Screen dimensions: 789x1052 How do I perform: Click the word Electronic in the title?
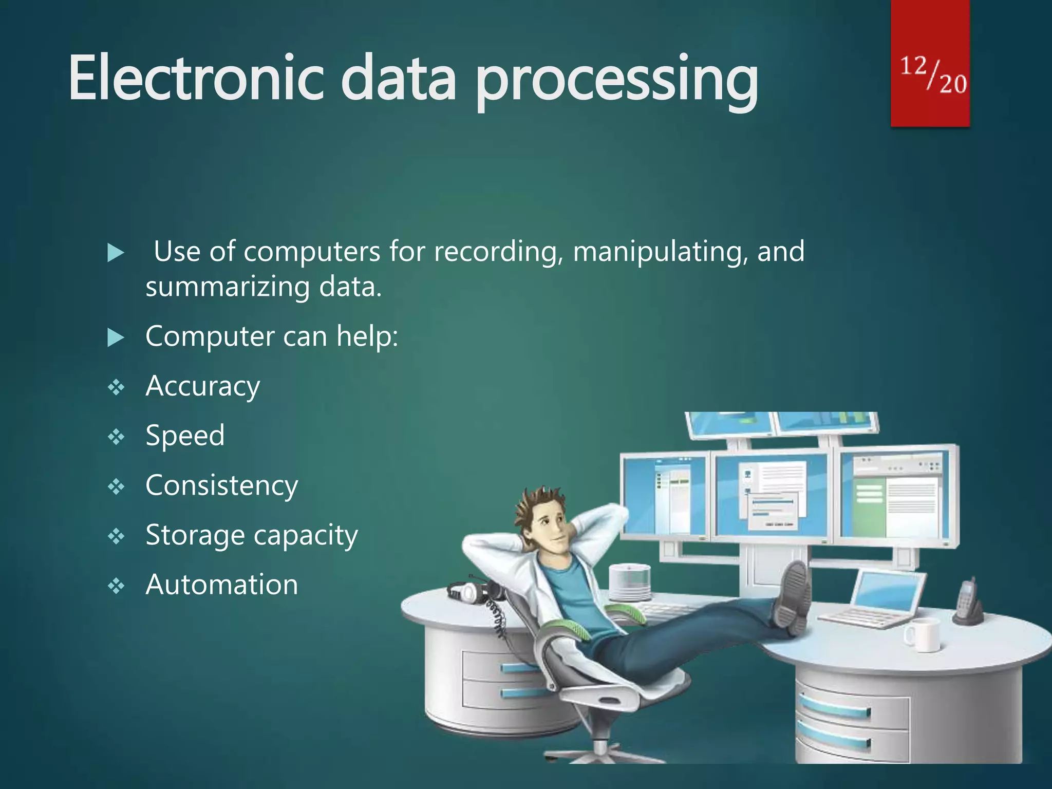point(195,78)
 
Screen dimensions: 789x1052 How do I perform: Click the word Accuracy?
point(203,386)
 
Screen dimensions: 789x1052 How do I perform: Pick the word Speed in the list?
point(185,436)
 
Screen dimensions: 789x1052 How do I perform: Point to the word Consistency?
point(221,485)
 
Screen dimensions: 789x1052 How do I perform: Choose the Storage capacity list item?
point(252,535)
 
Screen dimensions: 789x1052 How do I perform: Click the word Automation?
point(221,585)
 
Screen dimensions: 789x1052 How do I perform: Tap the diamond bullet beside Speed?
point(116,437)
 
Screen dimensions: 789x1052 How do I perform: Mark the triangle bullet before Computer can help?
point(116,337)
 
